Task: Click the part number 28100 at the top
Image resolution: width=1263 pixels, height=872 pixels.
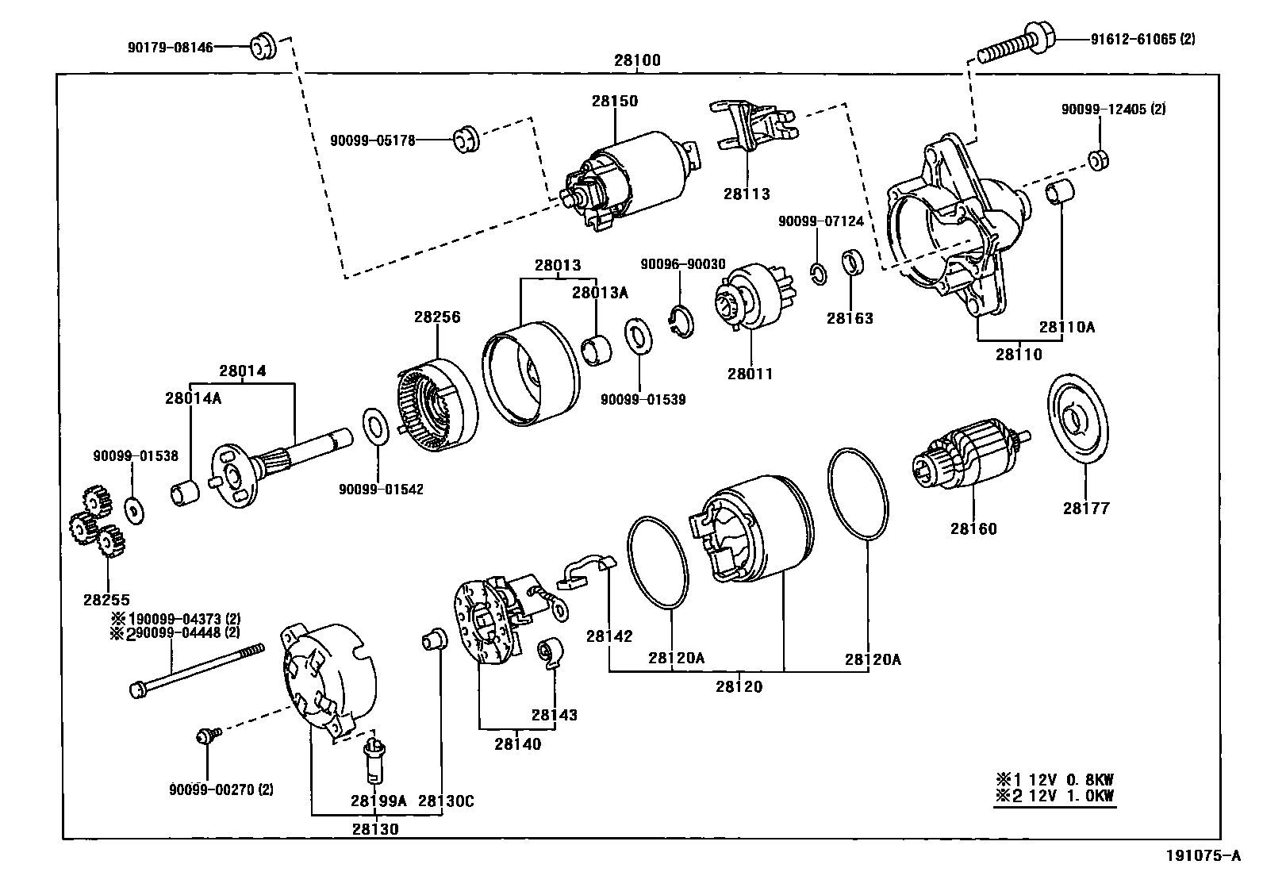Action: tap(636, 61)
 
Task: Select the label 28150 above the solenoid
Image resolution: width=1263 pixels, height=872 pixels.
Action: tap(614, 102)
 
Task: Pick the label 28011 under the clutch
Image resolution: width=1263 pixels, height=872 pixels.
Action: tap(750, 374)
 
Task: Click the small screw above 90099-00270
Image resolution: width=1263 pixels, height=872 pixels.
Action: tap(205, 736)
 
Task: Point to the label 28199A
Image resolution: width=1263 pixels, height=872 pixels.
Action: tap(378, 801)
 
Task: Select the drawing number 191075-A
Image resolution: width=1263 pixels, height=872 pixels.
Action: tap(1202, 855)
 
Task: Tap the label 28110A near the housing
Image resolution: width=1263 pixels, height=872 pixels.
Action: tap(1067, 326)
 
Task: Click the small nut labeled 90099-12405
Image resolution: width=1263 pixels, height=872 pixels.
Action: tap(1098, 159)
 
